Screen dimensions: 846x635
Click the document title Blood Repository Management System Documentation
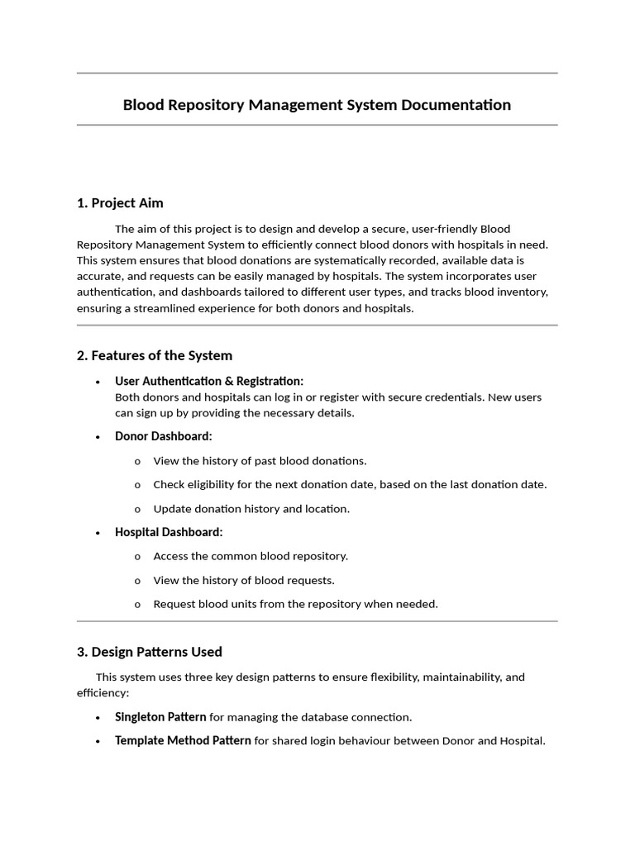click(317, 105)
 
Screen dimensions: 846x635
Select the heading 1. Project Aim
click(120, 203)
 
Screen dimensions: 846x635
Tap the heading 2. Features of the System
click(155, 355)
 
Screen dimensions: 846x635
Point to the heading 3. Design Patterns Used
click(150, 652)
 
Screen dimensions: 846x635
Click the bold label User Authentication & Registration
click(209, 381)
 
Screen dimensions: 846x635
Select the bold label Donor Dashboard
click(164, 436)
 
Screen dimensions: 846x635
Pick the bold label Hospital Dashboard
click(169, 532)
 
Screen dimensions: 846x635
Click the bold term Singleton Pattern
click(160, 717)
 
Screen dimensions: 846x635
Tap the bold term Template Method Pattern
click(183, 741)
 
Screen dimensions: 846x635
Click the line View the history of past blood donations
click(260, 461)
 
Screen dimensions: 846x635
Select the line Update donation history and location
click(251, 509)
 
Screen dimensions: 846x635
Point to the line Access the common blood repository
click(251, 556)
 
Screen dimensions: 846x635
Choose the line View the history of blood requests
click(244, 580)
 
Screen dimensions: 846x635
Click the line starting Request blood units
click(295, 604)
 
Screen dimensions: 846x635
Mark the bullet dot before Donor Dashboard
click(98, 437)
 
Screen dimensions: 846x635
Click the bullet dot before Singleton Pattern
click(98, 718)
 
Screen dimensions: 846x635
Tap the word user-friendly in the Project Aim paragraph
click(443, 229)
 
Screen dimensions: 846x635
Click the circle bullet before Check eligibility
click(137, 485)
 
